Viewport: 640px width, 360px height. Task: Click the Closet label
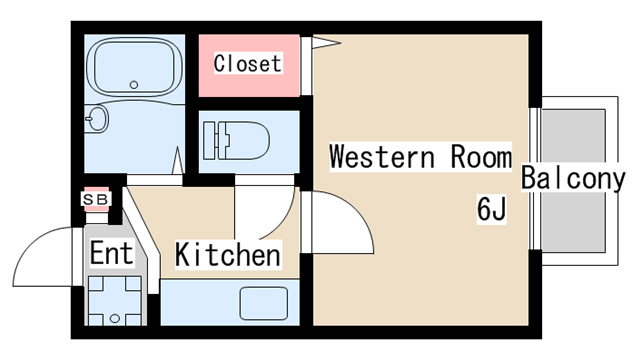[248, 63]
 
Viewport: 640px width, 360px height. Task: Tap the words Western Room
[420, 156]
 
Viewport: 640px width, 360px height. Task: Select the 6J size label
[491, 209]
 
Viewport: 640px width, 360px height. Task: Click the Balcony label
[573, 178]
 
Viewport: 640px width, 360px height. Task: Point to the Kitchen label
[228, 254]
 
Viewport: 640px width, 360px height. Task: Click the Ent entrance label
[111, 253]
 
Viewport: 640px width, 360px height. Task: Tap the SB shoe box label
[96, 200]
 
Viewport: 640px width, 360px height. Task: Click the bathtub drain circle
[134, 85]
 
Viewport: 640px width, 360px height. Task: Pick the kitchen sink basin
[264, 303]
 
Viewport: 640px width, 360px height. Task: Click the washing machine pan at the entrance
[115, 301]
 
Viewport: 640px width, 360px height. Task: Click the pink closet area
[249, 66]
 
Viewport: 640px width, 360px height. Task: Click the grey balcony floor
[573, 180]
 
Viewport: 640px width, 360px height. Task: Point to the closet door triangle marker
[326, 42]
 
